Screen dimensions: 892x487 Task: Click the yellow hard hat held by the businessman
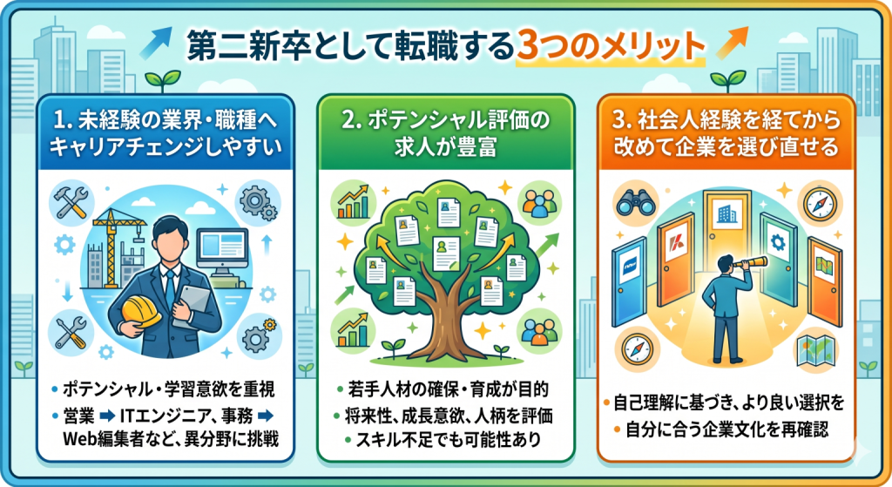tap(142, 313)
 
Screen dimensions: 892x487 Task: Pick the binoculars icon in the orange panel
tap(634, 202)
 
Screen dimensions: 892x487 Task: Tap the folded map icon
tap(815, 348)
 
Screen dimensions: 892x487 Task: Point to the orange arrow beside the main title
tap(732, 42)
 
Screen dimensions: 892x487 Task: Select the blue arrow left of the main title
tap(156, 42)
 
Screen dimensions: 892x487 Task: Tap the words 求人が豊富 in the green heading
tap(445, 146)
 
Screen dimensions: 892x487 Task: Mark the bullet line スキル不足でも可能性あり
tap(449, 440)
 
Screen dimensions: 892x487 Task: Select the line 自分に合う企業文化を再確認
tap(727, 429)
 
